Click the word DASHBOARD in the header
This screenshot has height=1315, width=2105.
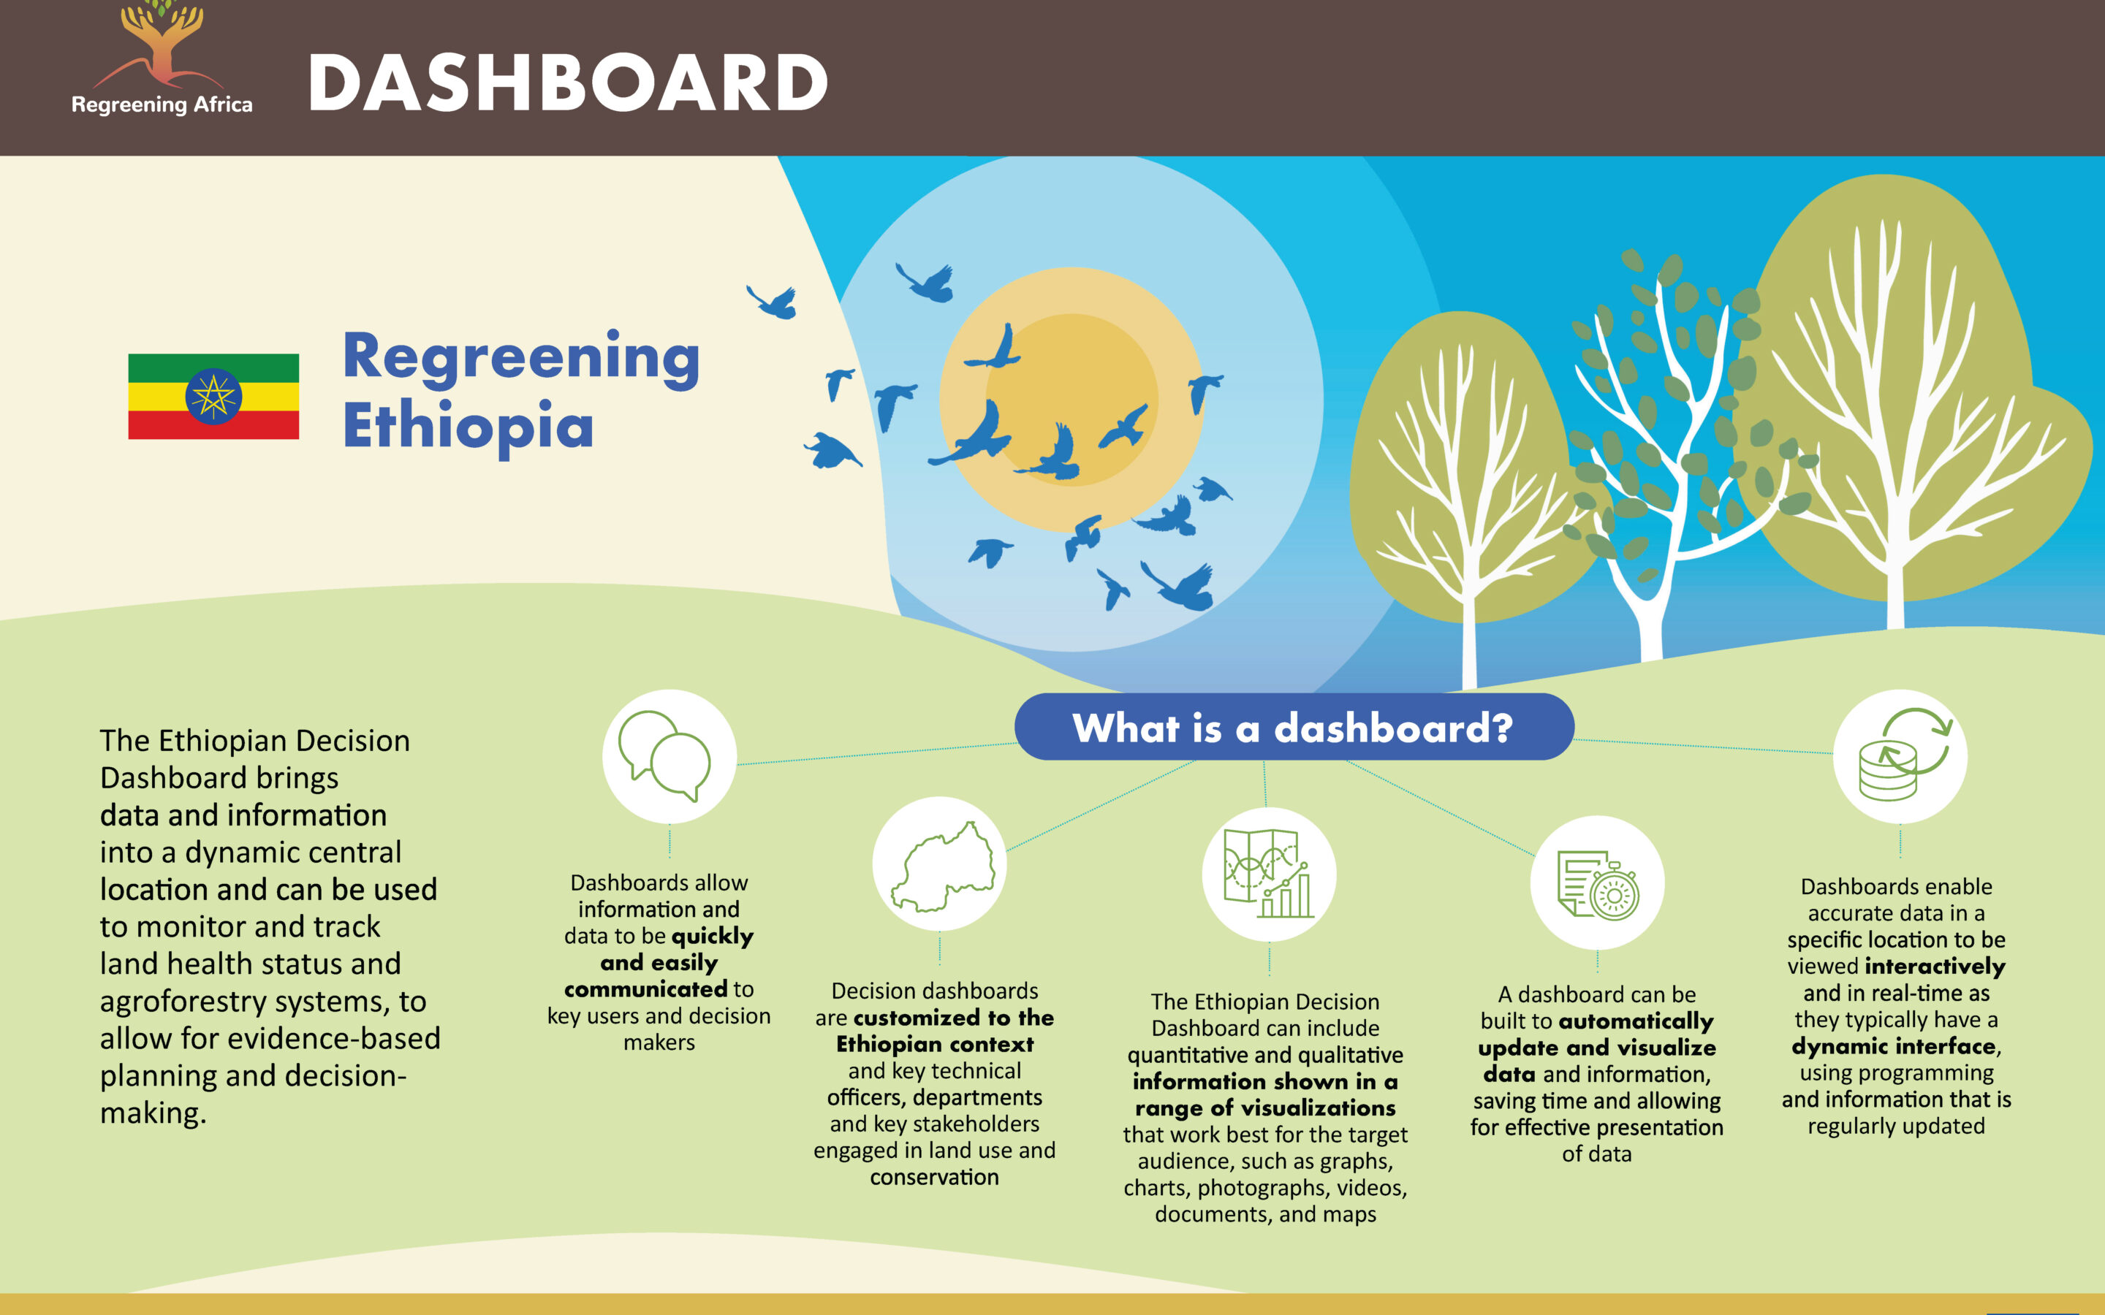(568, 83)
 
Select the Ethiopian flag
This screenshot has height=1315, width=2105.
(213, 397)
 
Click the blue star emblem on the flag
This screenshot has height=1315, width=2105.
(213, 397)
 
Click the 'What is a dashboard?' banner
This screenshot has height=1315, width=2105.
(1294, 727)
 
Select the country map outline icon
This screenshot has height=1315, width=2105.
(941, 866)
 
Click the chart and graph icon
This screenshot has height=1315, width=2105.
(1268, 873)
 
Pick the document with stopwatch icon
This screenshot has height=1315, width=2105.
(1598, 884)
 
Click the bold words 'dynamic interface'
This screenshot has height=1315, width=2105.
(1894, 1046)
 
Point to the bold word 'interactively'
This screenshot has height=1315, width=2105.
(1935, 967)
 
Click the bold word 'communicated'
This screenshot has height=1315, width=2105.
(646, 989)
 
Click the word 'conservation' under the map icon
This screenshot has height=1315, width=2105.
(934, 1177)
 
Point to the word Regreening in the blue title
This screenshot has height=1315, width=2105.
(521, 358)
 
